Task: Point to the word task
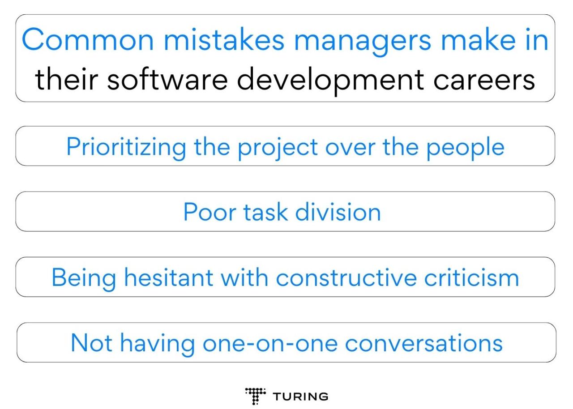click(265, 212)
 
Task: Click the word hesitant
click(168, 277)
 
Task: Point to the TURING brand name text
click(300, 396)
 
